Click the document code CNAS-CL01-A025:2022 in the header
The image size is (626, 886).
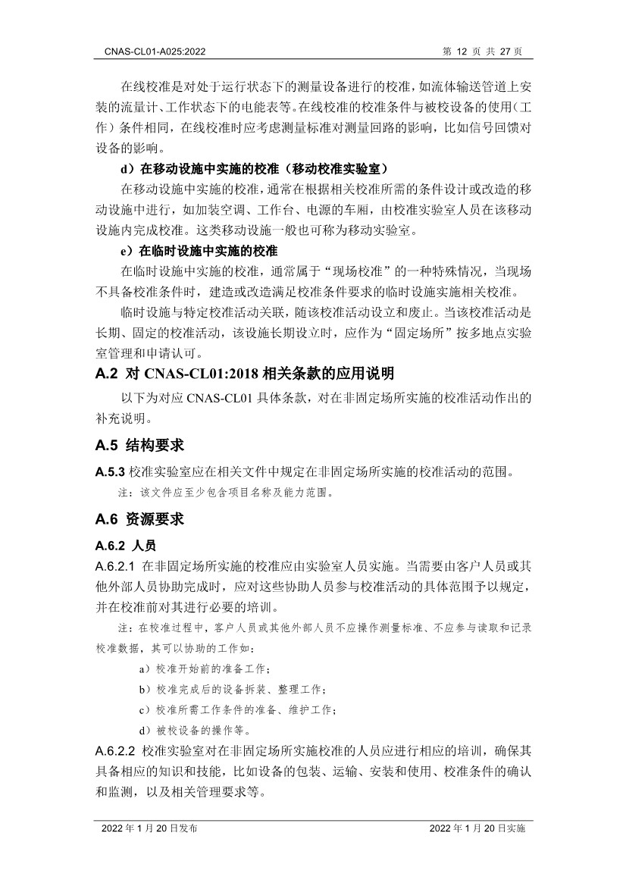tap(150, 51)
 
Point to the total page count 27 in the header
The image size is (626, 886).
tap(505, 51)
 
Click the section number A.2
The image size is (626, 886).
tap(106, 373)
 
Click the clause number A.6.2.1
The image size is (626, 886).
tap(115, 565)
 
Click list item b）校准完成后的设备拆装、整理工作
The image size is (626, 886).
tap(232, 690)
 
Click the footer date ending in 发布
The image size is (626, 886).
tap(149, 829)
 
